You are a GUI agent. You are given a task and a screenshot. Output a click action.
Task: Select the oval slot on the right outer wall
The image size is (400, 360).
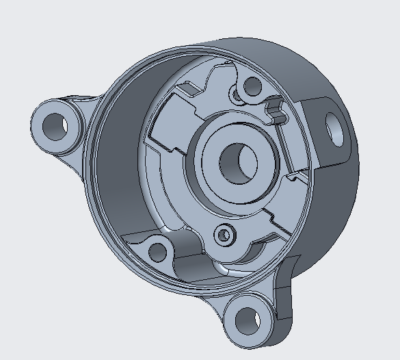click(x=336, y=127)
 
